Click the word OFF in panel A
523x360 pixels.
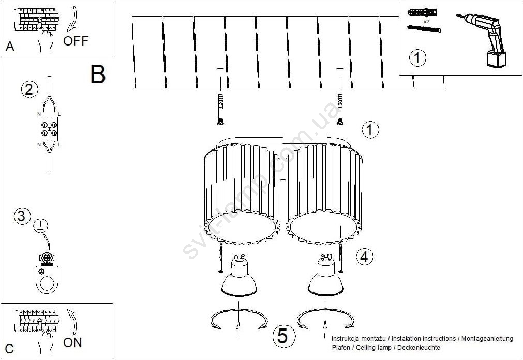(x=76, y=41)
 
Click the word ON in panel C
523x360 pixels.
(x=72, y=342)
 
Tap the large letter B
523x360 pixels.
(x=98, y=74)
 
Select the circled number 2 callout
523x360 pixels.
(x=29, y=89)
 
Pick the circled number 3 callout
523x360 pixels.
(x=22, y=216)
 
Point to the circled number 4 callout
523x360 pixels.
(x=365, y=257)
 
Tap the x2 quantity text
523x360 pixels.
(x=426, y=21)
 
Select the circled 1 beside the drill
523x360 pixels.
(x=417, y=58)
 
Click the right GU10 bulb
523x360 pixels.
(x=325, y=275)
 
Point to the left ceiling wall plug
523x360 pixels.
(x=220, y=110)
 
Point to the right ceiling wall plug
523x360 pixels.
(x=340, y=110)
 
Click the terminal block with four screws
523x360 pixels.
(x=49, y=129)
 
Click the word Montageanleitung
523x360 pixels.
(x=487, y=339)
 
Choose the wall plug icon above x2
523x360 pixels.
(x=422, y=13)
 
